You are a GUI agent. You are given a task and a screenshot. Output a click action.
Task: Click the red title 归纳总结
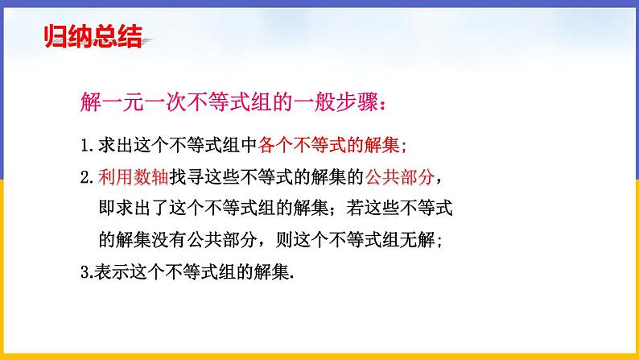tap(92, 36)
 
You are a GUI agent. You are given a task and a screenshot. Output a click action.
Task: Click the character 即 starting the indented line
tap(105, 209)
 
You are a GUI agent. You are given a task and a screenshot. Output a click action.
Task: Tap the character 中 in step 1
tap(249, 146)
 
